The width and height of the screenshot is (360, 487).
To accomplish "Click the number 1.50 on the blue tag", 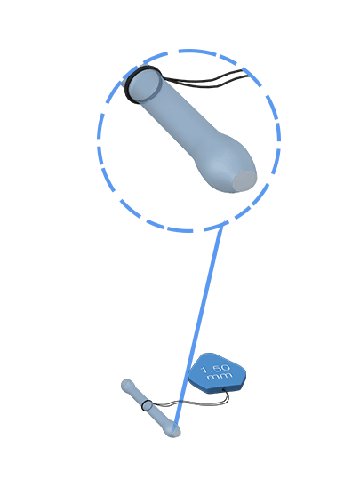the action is click(x=216, y=369).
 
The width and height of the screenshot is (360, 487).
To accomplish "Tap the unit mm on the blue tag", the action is click(x=220, y=376).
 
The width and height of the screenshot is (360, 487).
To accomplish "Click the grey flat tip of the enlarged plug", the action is click(x=244, y=180).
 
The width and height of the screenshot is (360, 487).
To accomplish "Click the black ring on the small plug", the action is click(x=146, y=405).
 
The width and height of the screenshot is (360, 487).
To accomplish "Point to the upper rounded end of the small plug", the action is click(x=126, y=385).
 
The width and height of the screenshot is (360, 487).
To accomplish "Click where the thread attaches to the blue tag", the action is click(x=224, y=389).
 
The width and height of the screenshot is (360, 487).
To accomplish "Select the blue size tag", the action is click(x=217, y=372).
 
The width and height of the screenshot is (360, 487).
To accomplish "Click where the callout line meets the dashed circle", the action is click(x=223, y=225).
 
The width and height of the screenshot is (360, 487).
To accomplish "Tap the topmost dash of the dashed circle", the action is click(x=189, y=51).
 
